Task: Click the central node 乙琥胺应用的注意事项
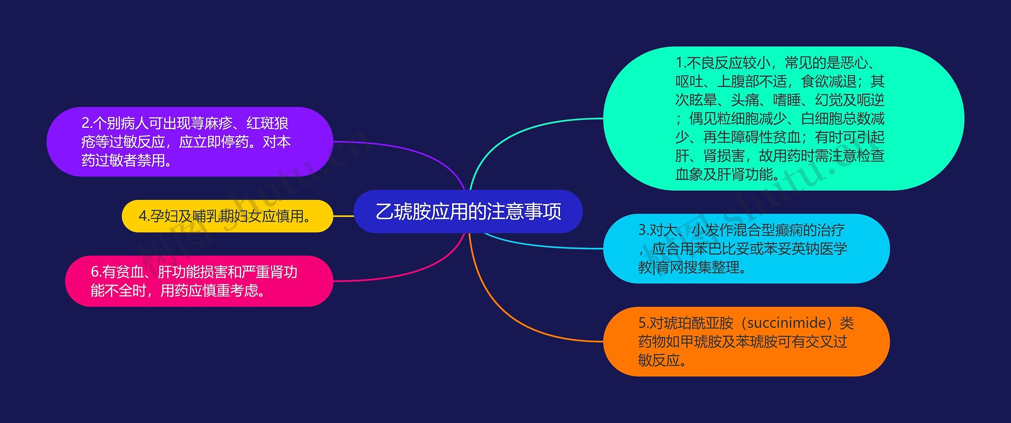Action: coord(468,211)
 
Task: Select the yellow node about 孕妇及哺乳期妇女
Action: coord(227,216)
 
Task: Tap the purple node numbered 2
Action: coord(190,142)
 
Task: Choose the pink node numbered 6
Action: coord(199,281)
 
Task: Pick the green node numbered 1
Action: coord(784,118)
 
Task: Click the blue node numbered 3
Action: coord(746,249)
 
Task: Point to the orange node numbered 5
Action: coord(746,342)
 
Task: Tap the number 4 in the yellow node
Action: coord(143,216)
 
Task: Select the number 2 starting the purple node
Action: coord(85,124)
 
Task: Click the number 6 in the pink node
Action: coord(95,272)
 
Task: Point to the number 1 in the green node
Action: coord(679,63)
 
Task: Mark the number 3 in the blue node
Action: coord(642,230)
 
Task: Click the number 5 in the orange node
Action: coord(642,323)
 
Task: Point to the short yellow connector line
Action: coord(344,216)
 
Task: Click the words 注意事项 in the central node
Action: coord(524,211)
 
